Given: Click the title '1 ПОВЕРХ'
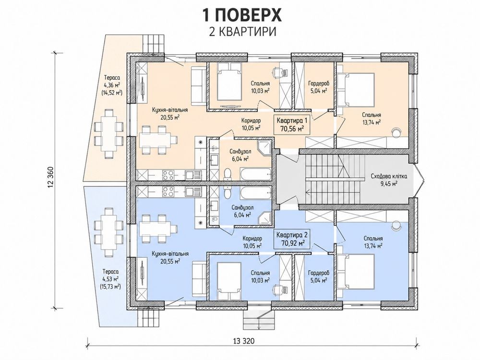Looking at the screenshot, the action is [x=241, y=15].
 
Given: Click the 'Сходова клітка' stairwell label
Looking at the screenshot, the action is [x=388, y=180].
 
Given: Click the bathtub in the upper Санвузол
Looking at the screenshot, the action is [x=256, y=174].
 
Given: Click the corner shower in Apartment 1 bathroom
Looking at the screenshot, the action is [x=264, y=148].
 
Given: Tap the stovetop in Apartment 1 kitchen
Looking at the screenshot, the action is [x=168, y=175].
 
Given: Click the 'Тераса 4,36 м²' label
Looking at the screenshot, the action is [x=111, y=81].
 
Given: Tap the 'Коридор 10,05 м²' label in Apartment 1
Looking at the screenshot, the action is [x=251, y=124].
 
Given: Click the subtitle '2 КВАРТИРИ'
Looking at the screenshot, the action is [x=242, y=32].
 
